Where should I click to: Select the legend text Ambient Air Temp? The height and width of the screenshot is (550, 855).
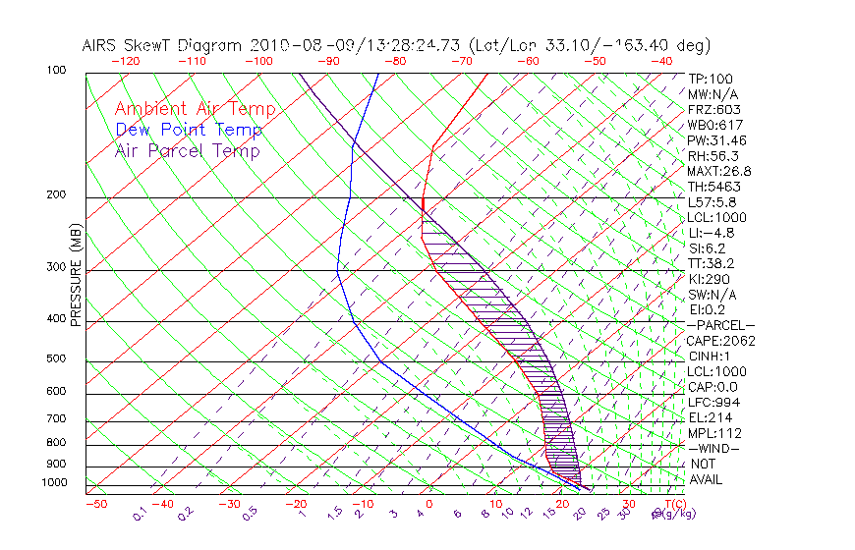point(195,109)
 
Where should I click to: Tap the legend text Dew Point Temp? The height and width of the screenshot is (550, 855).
point(189,130)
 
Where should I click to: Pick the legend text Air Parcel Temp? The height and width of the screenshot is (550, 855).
point(187,150)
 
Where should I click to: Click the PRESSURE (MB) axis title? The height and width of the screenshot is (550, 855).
point(76,276)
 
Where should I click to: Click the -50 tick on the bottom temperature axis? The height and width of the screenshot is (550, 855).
point(96,504)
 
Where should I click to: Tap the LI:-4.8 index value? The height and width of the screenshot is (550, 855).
point(711,233)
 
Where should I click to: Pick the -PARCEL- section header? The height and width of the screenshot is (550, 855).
point(721,325)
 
